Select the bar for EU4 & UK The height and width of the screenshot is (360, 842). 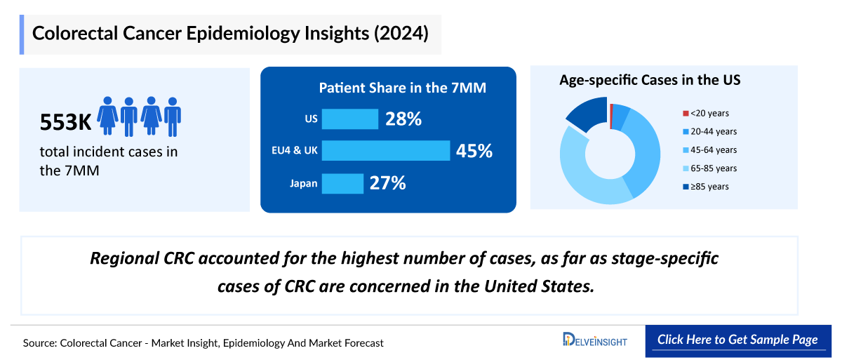pos(386,151)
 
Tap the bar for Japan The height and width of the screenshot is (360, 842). pos(342,184)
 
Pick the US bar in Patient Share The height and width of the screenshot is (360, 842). pos(350,119)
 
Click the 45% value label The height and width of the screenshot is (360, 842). pos(474,151)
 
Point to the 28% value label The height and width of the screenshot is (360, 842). pos(403,119)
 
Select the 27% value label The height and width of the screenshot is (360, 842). pos(388,184)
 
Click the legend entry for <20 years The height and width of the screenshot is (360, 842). pos(709,113)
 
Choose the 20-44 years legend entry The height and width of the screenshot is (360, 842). pos(713,131)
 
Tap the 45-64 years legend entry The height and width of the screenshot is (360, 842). pos(713,149)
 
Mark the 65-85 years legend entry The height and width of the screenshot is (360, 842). pos(713,168)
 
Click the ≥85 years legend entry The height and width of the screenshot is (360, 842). pos(709,187)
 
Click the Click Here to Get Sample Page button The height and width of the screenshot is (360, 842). pos(737,340)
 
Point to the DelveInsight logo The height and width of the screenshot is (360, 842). pos(595,340)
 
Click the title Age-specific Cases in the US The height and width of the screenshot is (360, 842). pos(650,80)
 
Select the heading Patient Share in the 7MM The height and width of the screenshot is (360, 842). pos(403,88)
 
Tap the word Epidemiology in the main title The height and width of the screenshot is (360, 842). pos(244,34)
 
